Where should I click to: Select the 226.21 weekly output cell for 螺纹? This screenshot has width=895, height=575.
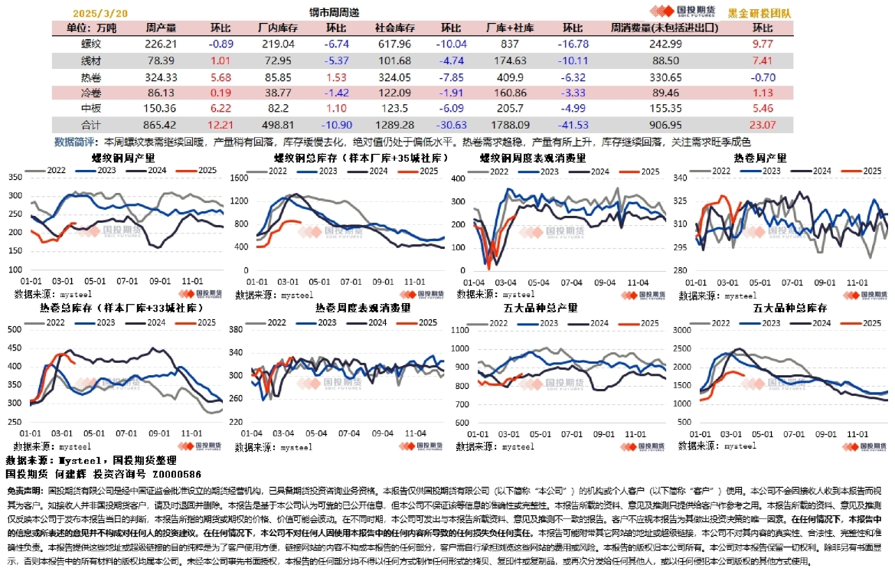161,44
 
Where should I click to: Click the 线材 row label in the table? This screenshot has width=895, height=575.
91,60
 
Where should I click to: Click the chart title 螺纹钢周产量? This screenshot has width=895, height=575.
118,158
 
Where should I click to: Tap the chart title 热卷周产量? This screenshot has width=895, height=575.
760,158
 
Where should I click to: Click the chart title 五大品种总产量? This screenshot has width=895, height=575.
546,308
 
